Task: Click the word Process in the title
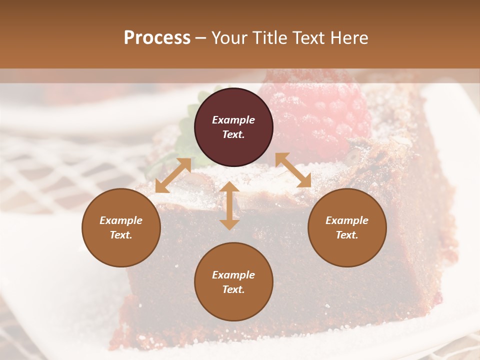tap(157, 38)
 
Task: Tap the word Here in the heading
tap(349, 38)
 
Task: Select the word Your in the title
tap(229, 38)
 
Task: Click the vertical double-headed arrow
tap(229, 205)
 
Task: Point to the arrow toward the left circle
tap(173, 175)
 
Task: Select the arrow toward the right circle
tap(293, 170)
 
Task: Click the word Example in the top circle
tap(233, 120)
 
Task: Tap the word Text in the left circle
tap(121, 235)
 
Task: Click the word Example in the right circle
tap(347, 220)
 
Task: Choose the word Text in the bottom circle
tap(233, 289)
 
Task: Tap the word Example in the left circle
tap(121, 220)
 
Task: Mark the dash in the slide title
tap(200, 38)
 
